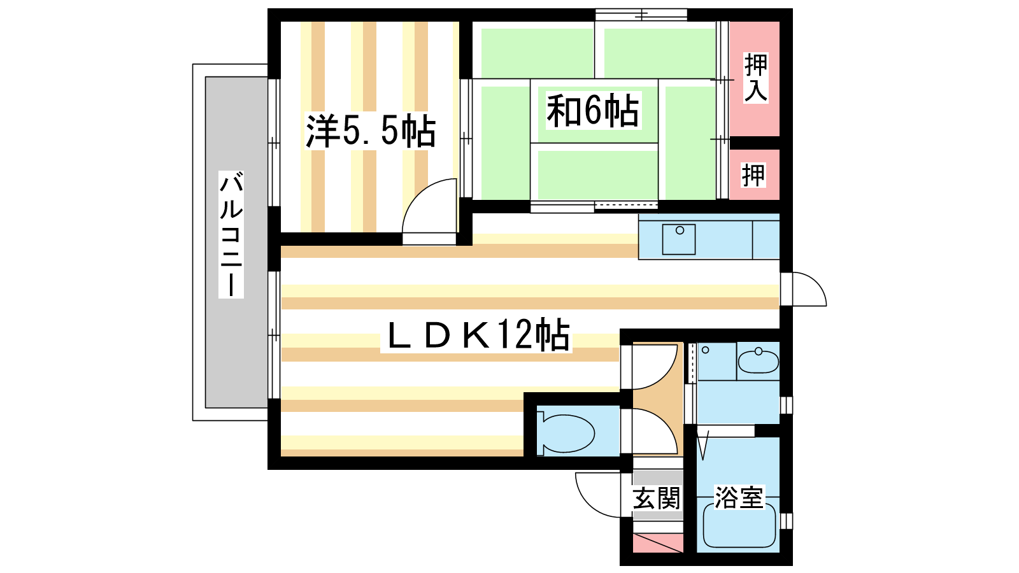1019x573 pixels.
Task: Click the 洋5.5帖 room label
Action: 370,131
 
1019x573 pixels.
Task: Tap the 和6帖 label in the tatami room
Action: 593,111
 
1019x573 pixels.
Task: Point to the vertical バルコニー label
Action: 231,234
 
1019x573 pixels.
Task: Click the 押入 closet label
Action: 755,77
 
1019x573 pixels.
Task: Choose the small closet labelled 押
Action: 753,175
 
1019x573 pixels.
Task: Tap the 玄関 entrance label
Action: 657,498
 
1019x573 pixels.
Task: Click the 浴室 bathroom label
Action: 738,497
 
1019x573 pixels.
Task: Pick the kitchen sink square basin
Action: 679,239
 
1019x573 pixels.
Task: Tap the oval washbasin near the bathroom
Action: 758,362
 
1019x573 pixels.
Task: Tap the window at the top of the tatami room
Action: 641,15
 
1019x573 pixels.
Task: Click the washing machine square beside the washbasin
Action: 717,362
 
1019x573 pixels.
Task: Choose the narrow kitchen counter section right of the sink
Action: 766,239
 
